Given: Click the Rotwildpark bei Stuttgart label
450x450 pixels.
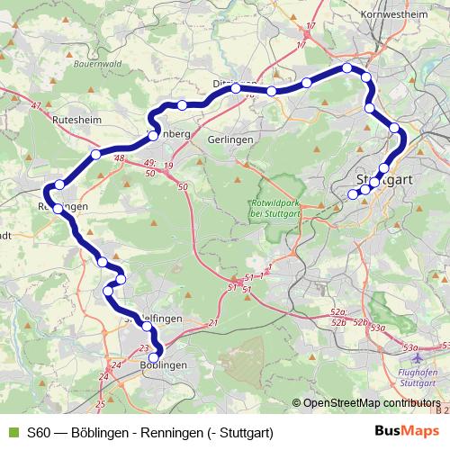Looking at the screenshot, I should (267, 208).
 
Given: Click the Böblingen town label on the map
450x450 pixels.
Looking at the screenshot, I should (164, 364).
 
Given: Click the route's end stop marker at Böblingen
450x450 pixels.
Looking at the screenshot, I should (155, 357).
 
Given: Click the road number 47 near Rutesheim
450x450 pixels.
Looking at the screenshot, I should (36, 106).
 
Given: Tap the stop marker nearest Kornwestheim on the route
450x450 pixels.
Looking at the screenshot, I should (346, 67).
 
